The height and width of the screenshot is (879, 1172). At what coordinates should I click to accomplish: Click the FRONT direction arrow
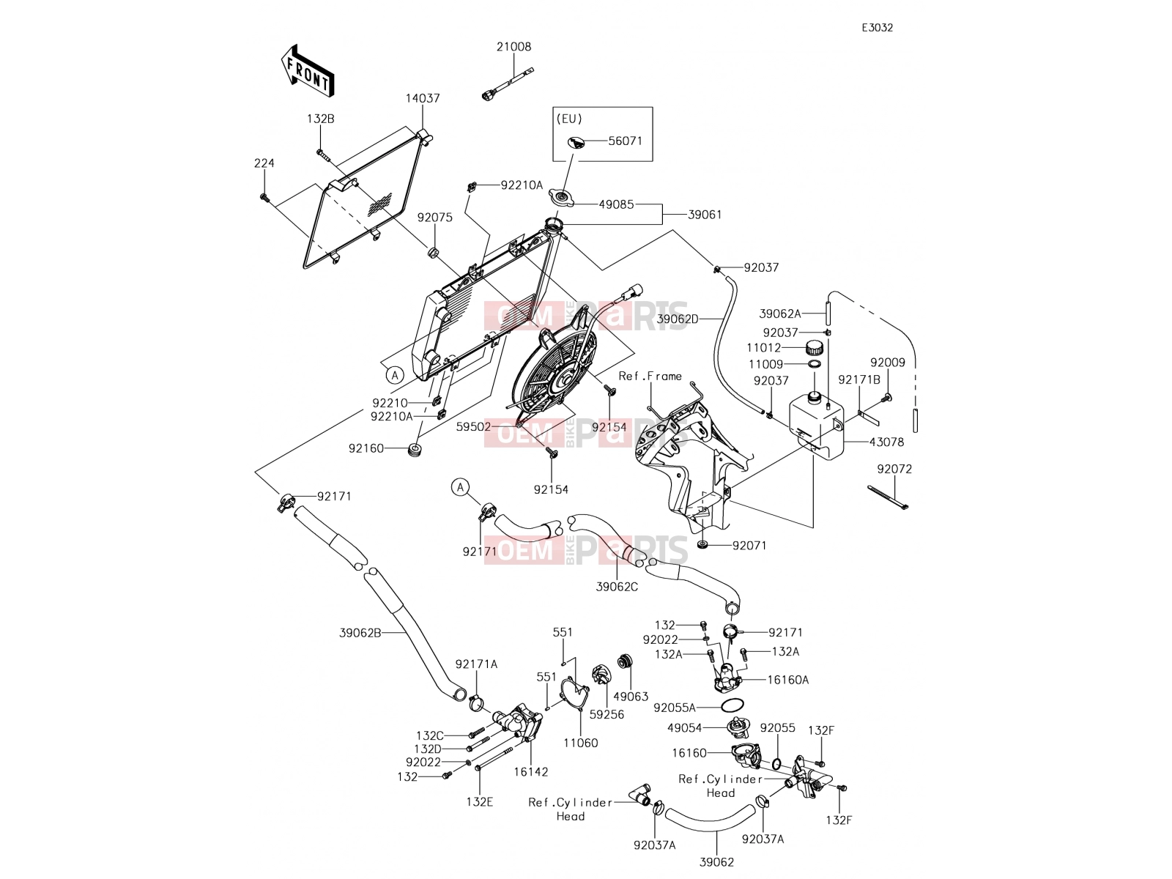click(x=308, y=71)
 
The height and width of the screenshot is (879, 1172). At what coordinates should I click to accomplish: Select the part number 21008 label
click(x=513, y=47)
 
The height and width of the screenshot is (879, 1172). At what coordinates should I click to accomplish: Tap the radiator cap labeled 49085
click(x=561, y=199)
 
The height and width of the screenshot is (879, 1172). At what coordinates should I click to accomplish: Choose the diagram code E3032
click(x=878, y=28)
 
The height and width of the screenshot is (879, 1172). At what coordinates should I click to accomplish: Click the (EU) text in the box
click(x=569, y=119)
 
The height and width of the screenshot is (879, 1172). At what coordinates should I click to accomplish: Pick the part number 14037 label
click(x=423, y=98)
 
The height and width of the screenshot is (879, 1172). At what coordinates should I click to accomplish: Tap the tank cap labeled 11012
click(x=814, y=347)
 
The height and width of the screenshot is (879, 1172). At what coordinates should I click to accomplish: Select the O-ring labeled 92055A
click(x=732, y=705)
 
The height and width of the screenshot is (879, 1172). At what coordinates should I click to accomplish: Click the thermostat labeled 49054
click(x=739, y=727)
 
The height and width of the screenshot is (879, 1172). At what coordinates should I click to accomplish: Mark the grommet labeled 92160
click(x=415, y=449)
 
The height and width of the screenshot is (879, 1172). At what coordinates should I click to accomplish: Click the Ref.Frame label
click(x=650, y=377)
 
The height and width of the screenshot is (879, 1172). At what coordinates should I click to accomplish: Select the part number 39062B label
click(x=360, y=633)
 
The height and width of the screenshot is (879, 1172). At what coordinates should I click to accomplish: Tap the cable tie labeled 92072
click(x=887, y=497)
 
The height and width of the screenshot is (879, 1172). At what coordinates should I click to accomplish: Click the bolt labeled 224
click(x=264, y=198)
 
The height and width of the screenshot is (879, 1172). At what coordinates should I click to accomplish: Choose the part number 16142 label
click(x=531, y=772)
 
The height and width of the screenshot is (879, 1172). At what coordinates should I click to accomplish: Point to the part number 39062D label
click(x=678, y=319)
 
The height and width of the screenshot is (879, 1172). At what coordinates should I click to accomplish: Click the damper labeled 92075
click(x=434, y=251)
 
